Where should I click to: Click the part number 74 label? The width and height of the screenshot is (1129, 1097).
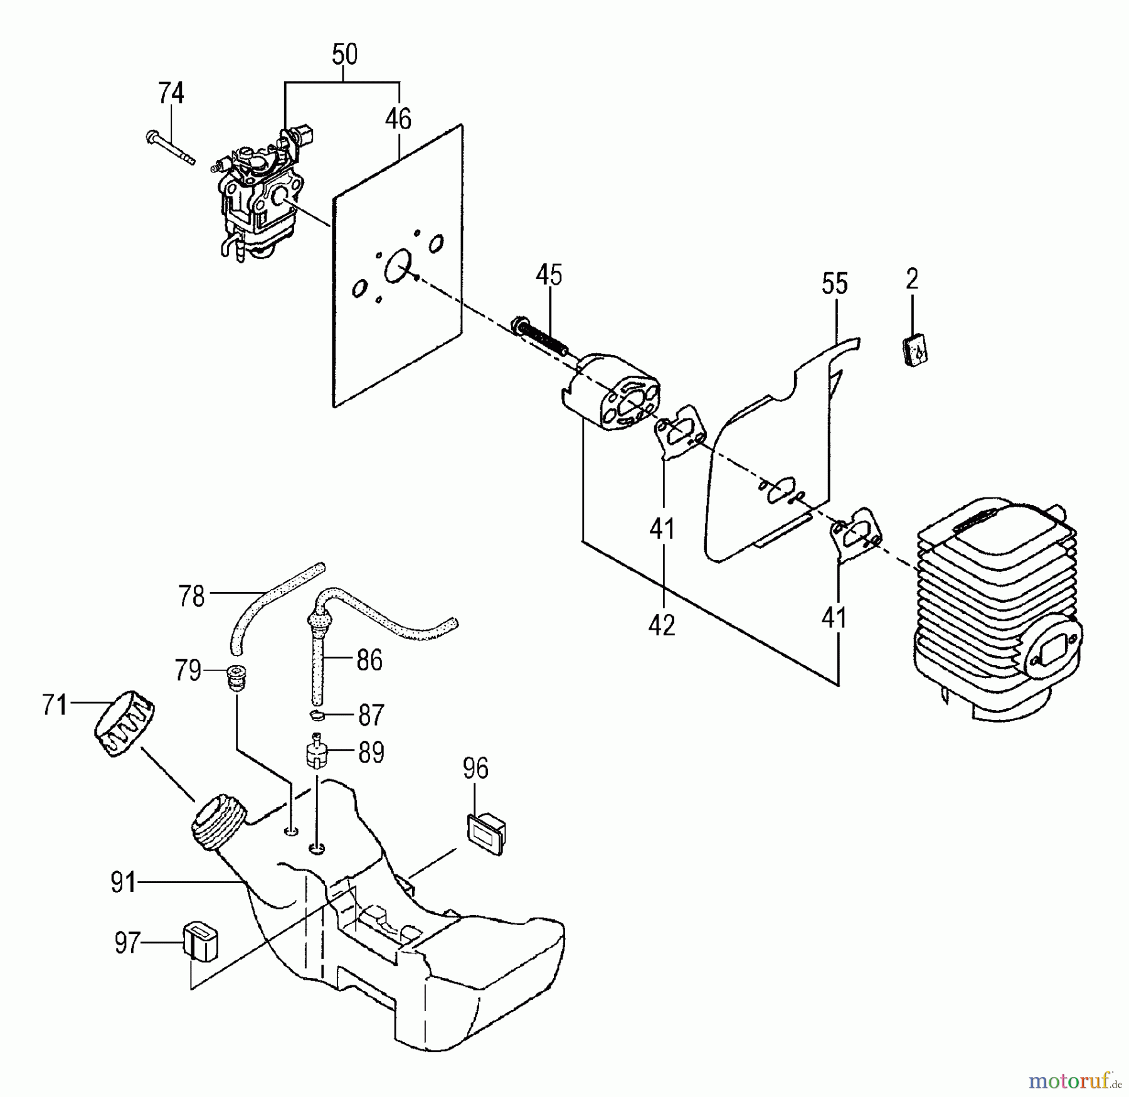(171, 93)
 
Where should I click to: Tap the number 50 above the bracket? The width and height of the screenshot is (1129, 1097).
(344, 55)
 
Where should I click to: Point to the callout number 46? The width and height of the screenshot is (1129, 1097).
(398, 119)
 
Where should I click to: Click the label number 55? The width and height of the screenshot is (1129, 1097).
(835, 284)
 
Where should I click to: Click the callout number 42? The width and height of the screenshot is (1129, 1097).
(662, 625)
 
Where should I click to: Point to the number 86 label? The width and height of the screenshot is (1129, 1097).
(369, 660)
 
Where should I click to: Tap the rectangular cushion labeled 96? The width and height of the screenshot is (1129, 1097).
(486, 834)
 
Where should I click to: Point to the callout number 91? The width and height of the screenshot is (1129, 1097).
(124, 882)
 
